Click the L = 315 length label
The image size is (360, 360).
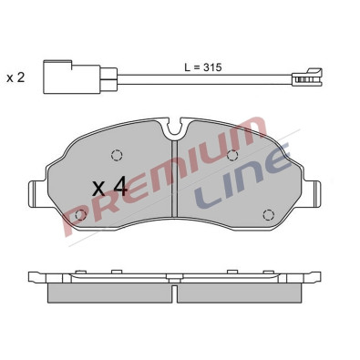(203, 67)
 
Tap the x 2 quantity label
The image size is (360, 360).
(15, 77)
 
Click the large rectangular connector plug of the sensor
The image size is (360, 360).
(72, 77)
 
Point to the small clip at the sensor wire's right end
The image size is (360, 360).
(307, 77)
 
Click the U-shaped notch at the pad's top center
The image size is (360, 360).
(174, 129)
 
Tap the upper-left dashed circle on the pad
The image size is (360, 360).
(117, 155)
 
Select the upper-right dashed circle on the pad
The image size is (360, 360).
(232, 155)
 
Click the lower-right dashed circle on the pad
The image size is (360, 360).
(269, 215)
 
